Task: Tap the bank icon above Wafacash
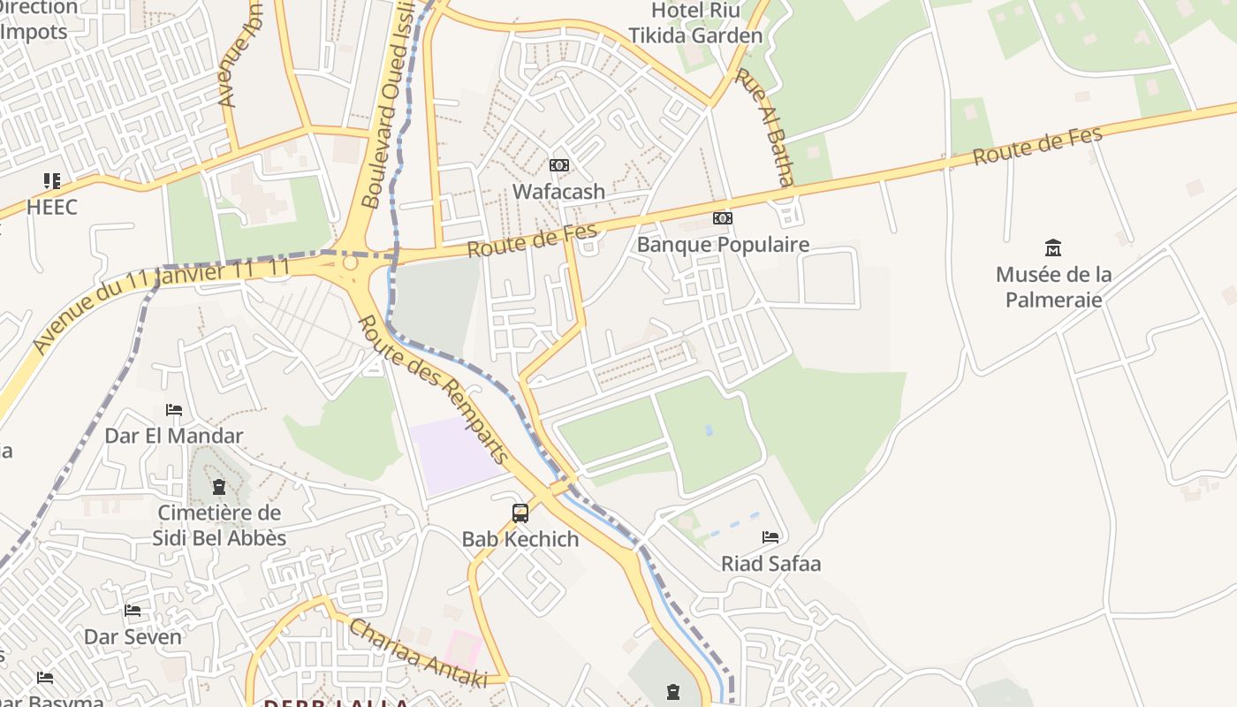559,165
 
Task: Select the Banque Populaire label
723,244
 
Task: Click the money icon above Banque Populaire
723,218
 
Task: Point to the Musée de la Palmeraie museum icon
1053,248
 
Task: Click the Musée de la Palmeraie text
1053,286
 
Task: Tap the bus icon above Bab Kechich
520,513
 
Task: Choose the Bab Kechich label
520,539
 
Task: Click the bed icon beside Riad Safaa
770,537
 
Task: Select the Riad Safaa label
770,563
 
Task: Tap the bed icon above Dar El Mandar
174,410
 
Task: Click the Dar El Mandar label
174,436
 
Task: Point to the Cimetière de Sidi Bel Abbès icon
219,487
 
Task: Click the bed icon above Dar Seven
133,611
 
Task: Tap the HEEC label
52,207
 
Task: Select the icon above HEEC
52,181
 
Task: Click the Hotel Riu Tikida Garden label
694,23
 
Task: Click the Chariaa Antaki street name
417,653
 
